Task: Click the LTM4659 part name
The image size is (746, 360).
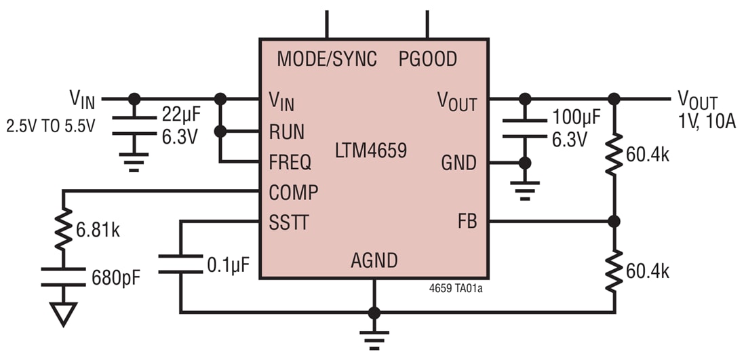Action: coord(371,150)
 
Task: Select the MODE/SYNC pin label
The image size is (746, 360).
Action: coord(326,59)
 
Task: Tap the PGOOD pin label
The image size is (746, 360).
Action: coord(427,59)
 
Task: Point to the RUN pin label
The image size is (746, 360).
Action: coord(286,132)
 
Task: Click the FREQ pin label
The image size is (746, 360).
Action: coord(290,162)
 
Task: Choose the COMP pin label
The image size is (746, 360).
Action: coord(293,193)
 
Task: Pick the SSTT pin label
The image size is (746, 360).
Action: coord(289,222)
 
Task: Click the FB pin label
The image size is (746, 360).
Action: coord(467,222)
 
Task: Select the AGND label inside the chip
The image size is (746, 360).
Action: coord(374,260)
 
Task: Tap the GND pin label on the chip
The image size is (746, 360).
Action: coord(458,163)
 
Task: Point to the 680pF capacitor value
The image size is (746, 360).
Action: coord(116,277)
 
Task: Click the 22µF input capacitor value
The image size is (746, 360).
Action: coord(181,114)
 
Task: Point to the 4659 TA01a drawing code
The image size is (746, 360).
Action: coord(456,287)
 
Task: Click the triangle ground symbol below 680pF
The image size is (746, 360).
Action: coord(63,314)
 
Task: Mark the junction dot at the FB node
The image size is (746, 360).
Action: coord(614,221)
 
